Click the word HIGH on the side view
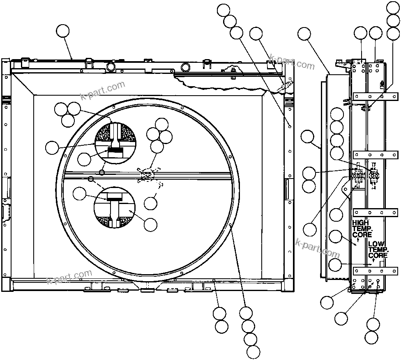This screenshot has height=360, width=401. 360,222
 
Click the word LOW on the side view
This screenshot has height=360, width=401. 376,244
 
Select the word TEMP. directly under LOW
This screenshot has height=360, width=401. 378,250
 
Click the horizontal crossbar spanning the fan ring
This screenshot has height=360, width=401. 185,174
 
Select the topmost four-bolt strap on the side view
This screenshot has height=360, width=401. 375,96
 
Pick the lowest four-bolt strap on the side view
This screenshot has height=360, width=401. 375,271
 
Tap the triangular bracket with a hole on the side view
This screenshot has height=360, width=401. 346,190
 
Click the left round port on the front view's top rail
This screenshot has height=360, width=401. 110,66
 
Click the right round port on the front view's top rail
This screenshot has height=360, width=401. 186,66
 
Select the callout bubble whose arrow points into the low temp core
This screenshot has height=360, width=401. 335,265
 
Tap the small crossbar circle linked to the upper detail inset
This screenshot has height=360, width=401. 102,170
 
